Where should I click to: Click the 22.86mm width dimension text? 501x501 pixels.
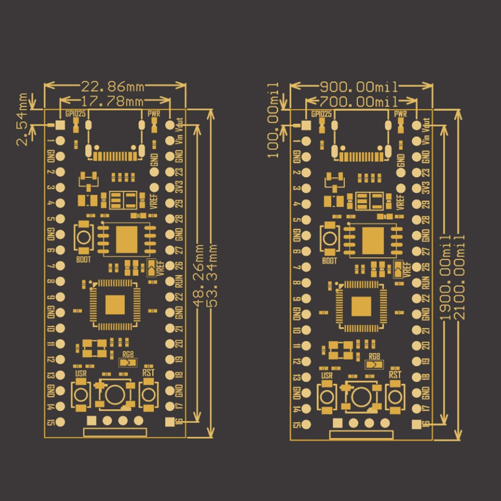pyautogui.click(x=113, y=87)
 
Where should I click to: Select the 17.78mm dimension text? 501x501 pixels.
pyautogui.click(x=113, y=102)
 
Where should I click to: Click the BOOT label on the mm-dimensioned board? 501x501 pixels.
pyautogui.click(x=84, y=260)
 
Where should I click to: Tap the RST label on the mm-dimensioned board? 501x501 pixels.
pyautogui.click(x=148, y=372)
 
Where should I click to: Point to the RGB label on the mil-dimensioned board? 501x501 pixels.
pyautogui.click(x=374, y=356)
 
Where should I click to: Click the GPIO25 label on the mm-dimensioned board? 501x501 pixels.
pyautogui.click(x=73, y=114)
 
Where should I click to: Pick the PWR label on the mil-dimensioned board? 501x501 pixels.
pyautogui.click(x=400, y=114)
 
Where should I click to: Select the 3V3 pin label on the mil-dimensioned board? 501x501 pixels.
pyautogui.click(x=426, y=188)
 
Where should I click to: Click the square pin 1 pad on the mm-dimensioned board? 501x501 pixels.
pyautogui.click(x=60, y=125)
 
